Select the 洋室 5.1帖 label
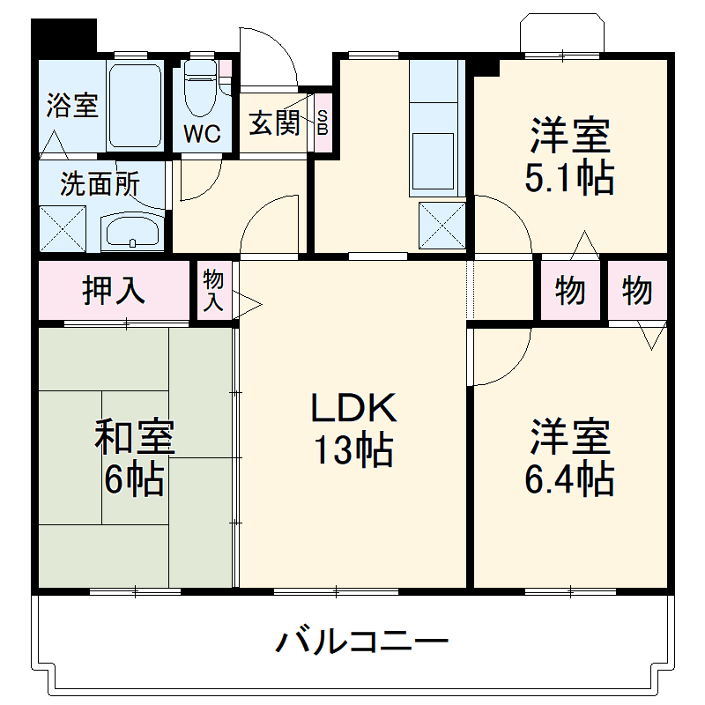[x=569, y=159]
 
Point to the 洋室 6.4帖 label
[x=569, y=458]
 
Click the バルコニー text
[x=362, y=641]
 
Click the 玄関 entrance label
[x=273, y=123]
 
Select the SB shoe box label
[x=323, y=123]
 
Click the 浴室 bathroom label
[x=71, y=106]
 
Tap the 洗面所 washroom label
[x=100, y=184]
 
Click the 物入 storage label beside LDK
[x=214, y=291]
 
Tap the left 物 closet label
[x=570, y=291]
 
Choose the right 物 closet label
[x=636, y=291]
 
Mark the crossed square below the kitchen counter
[x=441, y=225]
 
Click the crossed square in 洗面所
[x=62, y=228]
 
